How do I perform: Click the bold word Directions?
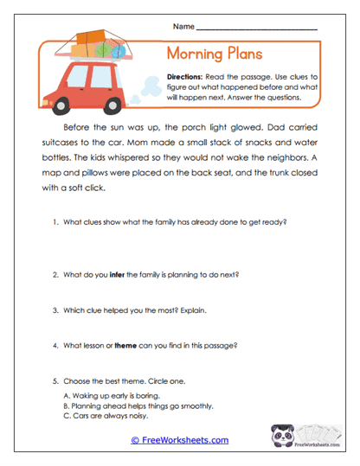pos(188,76)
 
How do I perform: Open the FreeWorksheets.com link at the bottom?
pos(179,440)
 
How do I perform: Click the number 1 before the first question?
pos(54,222)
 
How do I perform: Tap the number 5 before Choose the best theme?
pos(54,380)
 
